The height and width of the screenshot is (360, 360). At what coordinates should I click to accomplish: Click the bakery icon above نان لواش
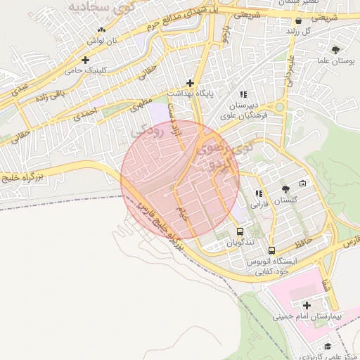point(103,30)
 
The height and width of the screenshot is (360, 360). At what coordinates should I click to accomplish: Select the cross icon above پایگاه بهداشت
point(190,82)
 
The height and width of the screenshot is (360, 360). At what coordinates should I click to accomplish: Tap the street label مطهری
point(143,108)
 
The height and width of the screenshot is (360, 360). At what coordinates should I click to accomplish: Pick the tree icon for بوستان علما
point(335,50)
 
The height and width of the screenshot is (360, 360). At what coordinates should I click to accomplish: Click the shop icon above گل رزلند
point(299,21)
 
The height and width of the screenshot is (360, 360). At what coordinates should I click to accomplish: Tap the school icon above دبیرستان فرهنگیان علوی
point(243,94)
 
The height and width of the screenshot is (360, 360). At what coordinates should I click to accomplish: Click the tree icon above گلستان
point(285,189)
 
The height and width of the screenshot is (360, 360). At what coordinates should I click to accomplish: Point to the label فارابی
point(260,205)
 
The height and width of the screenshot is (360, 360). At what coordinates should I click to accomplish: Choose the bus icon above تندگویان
point(240,231)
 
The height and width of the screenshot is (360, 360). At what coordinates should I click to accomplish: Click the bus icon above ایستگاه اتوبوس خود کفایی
point(271,250)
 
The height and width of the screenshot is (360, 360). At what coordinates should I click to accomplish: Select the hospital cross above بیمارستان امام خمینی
point(307,304)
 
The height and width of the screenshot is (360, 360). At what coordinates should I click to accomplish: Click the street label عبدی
point(19,88)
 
